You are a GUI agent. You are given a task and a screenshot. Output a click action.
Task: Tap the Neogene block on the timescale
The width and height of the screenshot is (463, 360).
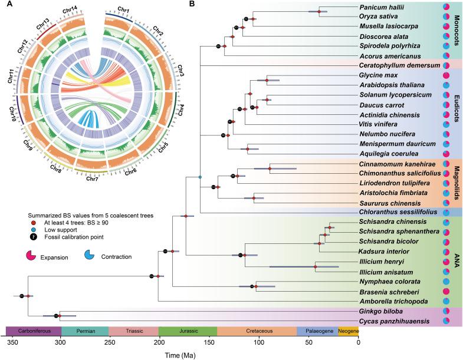pos(348,331)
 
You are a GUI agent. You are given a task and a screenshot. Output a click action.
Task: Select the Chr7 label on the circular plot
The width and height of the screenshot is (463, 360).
pos(93,179)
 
